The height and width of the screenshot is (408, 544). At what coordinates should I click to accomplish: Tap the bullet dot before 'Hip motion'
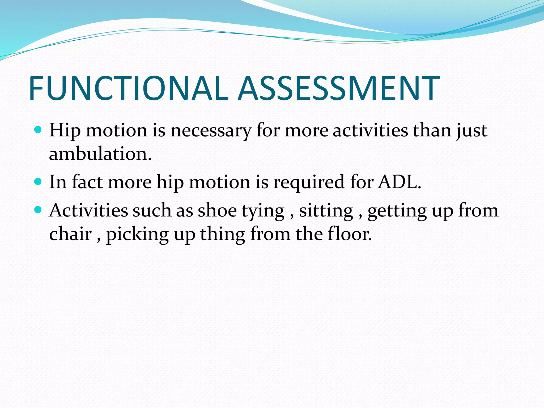click(x=38, y=130)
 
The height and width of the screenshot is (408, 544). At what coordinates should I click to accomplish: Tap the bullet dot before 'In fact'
click(x=38, y=182)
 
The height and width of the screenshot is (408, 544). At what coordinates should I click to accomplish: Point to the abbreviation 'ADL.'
click(x=400, y=182)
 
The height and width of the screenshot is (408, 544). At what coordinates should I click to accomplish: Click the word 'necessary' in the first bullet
click(x=211, y=131)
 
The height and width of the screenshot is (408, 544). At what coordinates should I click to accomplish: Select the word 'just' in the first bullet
click(x=472, y=131)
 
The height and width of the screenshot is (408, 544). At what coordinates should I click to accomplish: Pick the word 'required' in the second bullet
click(x=309, y=183)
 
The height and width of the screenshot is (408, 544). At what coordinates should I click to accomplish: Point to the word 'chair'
click(x=70, y=234)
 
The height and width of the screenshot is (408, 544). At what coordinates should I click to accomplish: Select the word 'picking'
click(x=137, y=235)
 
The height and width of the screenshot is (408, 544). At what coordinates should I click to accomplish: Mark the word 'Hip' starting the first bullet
click(x=65, y=131)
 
